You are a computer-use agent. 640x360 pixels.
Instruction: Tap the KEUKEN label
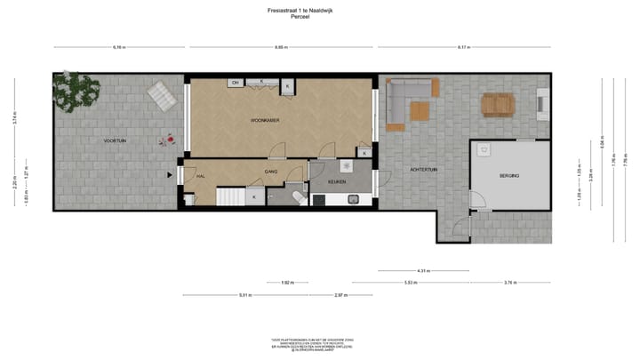pyautogui.click(x=337, y=180)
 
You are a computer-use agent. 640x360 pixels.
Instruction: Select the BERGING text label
pyautogui.click(x=508, y=176)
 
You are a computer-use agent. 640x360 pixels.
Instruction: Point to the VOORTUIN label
pyautogui.click(x=114, y=140)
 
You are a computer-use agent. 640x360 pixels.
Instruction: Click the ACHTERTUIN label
pyautogui.click(x=423, y=169)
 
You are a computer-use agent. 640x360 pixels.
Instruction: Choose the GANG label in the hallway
pyautogui.click(x=271, y=170)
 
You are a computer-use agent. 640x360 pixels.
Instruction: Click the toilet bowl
pyautogui.click(x=297, y=196)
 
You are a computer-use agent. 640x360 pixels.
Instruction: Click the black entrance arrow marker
pyautogui.click(x=170, y=175)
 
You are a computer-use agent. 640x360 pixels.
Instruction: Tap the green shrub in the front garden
pyautogui.click(x=76, y=89)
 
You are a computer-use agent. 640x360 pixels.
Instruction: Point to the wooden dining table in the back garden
pyautogui.click(x=498, y=105)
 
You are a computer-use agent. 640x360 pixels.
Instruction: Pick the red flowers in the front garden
pyautogui.click(x=164, y=139)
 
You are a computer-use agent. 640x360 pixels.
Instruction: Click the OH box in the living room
pyautogui.click(x=236, y=83)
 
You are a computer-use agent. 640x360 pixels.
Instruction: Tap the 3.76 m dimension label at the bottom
pyautogui.click(x=508, y=283)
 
